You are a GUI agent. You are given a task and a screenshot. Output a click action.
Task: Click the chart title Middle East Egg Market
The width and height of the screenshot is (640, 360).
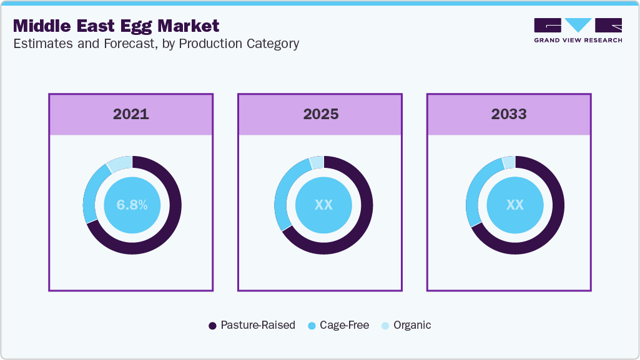click(x=116, y=26)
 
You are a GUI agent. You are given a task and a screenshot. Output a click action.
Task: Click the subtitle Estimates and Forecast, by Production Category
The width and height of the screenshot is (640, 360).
click(x=155, y=44)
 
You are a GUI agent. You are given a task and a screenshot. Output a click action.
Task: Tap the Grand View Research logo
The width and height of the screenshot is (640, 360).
click(x=578, y=30)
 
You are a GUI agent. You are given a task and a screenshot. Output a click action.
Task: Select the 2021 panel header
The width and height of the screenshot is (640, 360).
click(x=131, y=114)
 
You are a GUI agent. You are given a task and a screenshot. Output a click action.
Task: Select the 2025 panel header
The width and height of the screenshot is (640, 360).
click(x=321, y=114)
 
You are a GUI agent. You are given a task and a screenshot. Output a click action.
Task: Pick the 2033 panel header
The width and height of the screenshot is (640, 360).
click(x=508, y=114)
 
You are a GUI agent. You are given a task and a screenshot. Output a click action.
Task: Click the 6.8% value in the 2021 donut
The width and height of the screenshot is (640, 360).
click(x=132, y=205)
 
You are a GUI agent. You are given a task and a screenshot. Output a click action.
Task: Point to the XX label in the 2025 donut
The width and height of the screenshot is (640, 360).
click(x=323, y=205)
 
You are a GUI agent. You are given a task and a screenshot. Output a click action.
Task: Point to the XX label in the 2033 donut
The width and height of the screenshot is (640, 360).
click(x=515, y=205)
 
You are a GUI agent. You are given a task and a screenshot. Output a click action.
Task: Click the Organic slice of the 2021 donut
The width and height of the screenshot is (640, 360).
click(x=119, y=163)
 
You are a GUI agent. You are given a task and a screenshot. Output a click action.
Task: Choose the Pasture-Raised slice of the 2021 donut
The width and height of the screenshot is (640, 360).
click(x=169, y=225)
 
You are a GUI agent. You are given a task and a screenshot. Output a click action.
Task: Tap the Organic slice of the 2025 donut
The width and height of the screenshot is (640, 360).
click(x=317, y=162)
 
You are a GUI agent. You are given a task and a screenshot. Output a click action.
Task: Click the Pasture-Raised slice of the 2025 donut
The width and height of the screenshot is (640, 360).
click(x=362, y=225)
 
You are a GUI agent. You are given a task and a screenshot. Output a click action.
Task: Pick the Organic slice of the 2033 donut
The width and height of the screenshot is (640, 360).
click(x=509, y=162)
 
